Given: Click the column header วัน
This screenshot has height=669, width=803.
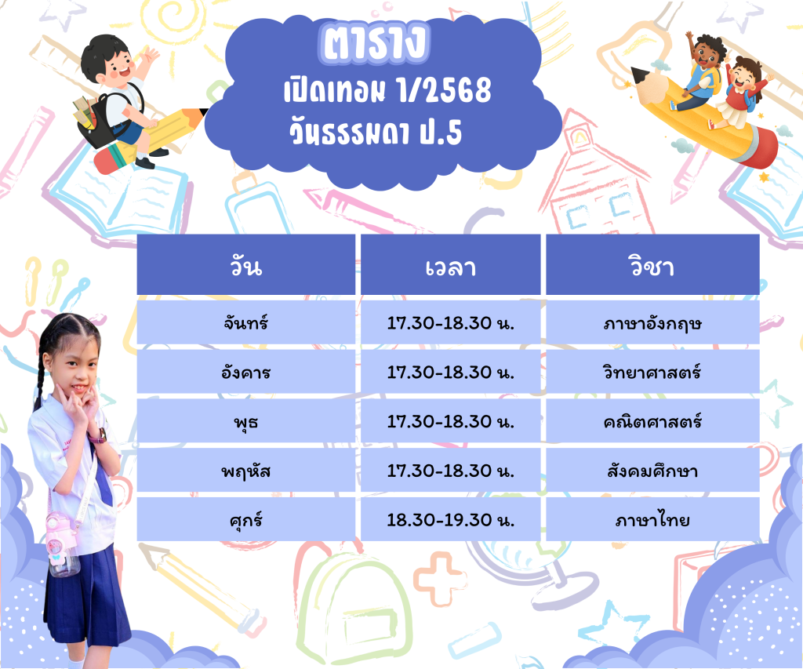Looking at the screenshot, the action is coord(245,264).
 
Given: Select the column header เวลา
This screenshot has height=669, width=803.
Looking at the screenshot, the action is coord(451,264).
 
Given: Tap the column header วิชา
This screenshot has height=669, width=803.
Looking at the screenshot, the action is coord(652,264).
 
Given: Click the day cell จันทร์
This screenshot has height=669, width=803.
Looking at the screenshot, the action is coord(245,322).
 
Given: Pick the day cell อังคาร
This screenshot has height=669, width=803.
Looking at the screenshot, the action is coord(245,372).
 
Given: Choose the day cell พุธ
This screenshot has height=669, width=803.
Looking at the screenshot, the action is coord(245,421).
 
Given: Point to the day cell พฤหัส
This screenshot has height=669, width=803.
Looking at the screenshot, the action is coord(245,471).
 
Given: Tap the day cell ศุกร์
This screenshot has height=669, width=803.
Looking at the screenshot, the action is coord(245,519).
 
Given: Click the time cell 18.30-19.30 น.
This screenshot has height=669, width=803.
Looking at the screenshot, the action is coord(451,519).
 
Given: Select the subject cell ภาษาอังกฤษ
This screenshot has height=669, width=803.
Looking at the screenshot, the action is coord(652,322).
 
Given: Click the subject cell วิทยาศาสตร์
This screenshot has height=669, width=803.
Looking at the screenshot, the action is coord(652,372).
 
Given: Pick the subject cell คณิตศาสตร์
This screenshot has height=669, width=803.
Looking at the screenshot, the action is coord(652,421).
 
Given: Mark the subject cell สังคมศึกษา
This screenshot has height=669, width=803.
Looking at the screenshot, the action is coord(652,471).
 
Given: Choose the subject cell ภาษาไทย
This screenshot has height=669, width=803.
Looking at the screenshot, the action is coord(652,519).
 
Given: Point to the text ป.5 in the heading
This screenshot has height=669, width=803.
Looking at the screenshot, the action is coord(441,133).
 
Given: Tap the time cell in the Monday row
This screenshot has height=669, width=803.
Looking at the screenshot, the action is coord(451,322).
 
